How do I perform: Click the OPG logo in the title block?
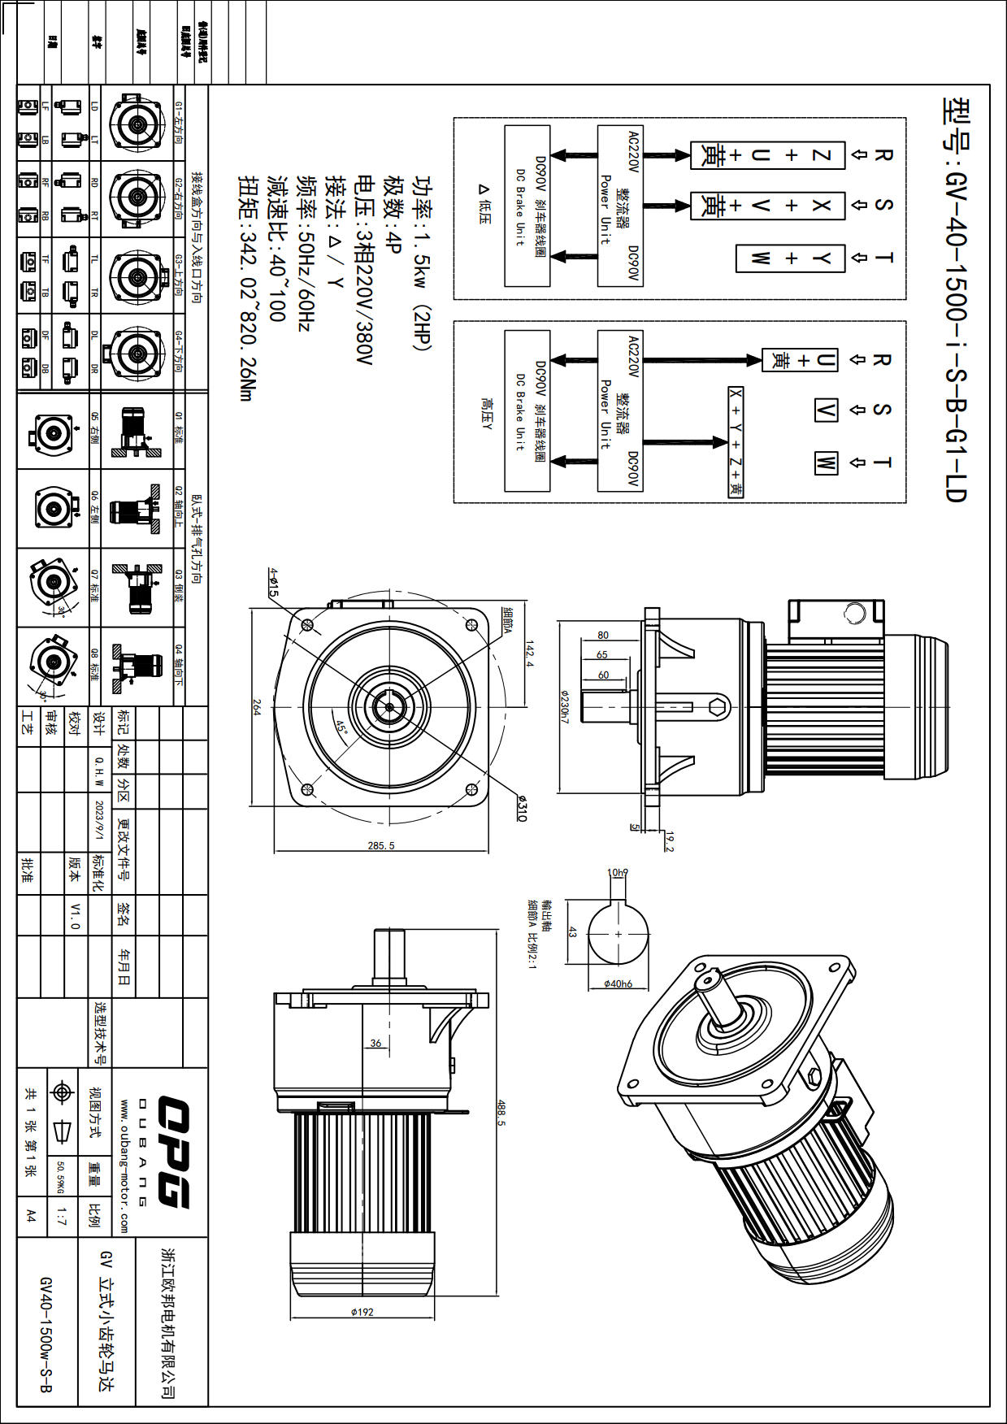click(172, 1152)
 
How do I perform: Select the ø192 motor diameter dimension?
click(362, 1311)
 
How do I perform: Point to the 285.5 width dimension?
click(380, 845)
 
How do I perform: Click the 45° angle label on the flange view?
click(341, 726)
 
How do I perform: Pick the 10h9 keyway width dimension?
click(618, 872)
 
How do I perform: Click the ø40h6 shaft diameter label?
click(618, 983)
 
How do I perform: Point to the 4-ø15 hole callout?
click(273, 583)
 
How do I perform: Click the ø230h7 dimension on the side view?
click(564, 707)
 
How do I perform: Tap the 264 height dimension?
click(257, 707)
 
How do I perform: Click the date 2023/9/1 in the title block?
click(99, 822)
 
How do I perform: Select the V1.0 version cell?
click(76, 915)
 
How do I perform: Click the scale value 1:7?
click(62, 1217)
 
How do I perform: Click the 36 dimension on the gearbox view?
click(375, 1043)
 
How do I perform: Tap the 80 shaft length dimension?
click(602, 635)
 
